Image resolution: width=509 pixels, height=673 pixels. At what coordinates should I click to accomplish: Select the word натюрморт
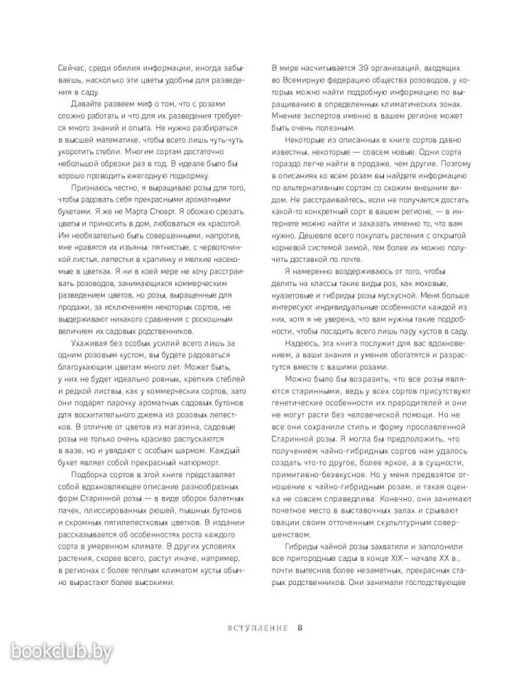click(205, 463)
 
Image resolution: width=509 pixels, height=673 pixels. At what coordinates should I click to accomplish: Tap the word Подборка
click(85, 477)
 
